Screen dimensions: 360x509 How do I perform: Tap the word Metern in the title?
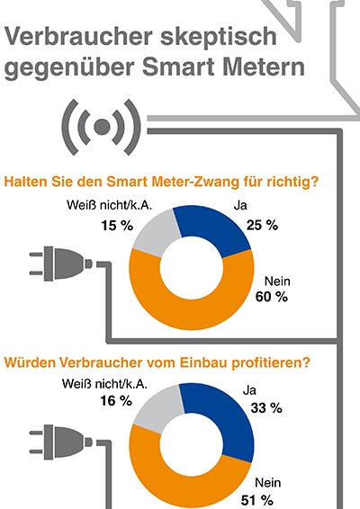(x=264, y=67)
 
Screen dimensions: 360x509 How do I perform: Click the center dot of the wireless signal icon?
(x=102, y=127)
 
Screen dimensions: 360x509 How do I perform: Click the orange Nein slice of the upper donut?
(x=192, y=312)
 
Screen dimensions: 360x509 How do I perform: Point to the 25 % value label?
(x=262, y=225)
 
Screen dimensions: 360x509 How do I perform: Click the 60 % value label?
(x=271, y=297)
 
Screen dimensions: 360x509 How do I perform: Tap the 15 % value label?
(x=117, y=226)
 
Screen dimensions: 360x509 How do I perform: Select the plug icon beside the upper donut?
(x=61, y=263)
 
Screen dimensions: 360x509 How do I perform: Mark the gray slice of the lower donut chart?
(x=156, y=411)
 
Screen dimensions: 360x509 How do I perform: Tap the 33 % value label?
(x=266, y=408)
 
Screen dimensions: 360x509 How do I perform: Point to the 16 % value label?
(x=116, y=401)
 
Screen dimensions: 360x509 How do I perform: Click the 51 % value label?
(x=257, y=500)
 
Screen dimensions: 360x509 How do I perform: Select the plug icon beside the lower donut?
(x=61, y=442)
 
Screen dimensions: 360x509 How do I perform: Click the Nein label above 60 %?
(x=277, y=281)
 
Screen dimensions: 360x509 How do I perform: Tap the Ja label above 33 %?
(x=249, y=390)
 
